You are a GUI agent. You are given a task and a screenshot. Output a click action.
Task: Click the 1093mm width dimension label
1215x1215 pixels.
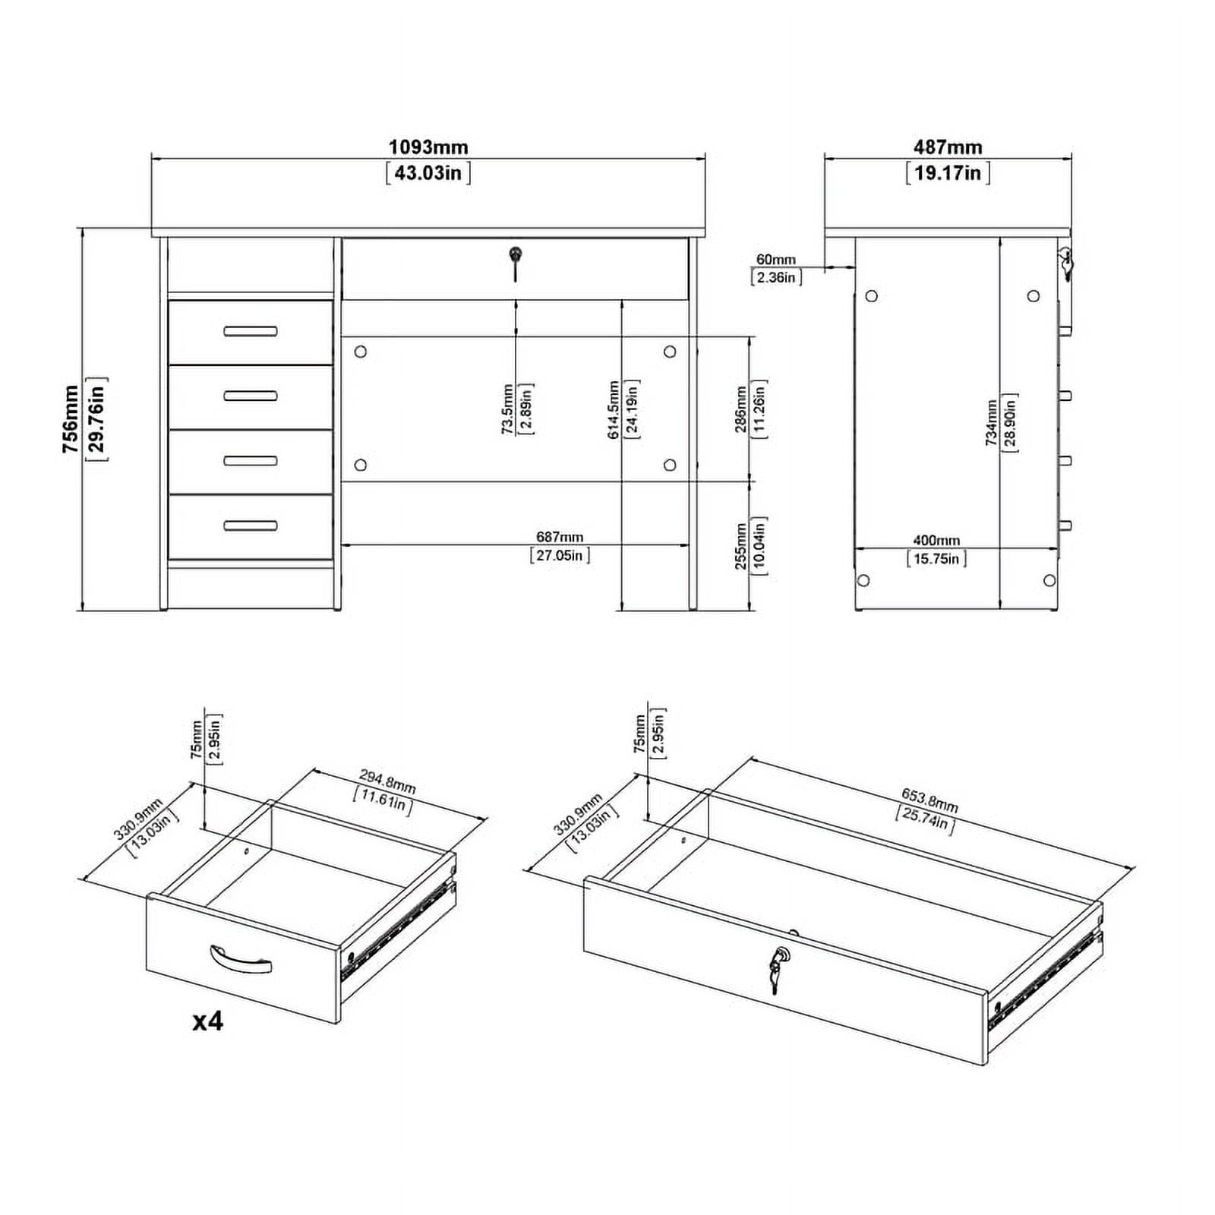(428, 147)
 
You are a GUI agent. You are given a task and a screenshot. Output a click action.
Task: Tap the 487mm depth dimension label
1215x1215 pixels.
(948, 147)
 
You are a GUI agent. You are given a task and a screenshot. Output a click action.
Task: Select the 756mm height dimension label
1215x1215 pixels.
(71, 419)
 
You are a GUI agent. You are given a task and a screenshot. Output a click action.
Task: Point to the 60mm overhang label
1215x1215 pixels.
(776, 260)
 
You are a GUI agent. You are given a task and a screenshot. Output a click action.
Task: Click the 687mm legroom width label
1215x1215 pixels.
(560, 538)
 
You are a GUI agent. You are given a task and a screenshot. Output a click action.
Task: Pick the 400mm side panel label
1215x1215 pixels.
(936, 541)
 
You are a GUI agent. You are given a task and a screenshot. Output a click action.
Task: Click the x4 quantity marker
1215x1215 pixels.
(207, 1021)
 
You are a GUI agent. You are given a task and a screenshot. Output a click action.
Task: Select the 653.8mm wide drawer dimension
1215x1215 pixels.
(929, 800)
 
